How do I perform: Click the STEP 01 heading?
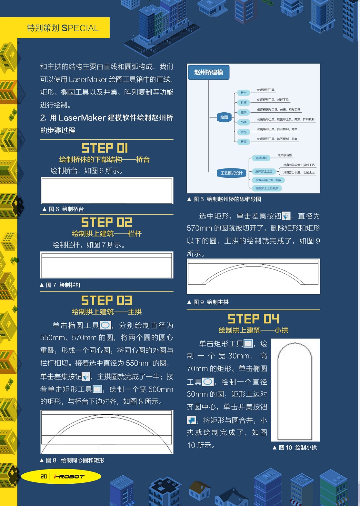pyautogui.click(x=105, y=148)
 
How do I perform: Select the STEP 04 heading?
pyautogui.click(x=253, y=319)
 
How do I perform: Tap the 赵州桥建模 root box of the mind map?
pyautogui.click(x=208, y=72)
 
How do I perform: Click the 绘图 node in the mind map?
pyautogui.click(x=224, y=117)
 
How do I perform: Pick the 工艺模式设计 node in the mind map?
pyautogui.click(x=231, y=173)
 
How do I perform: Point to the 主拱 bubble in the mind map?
pyautogui.click(x=244, y=112)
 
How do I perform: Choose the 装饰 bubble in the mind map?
pyautogui.click(x=244, y=132)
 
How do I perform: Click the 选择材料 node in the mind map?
pyautogui.click(x=261, y=158)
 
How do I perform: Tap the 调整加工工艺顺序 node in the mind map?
pyautogui.click(x=267, y=188)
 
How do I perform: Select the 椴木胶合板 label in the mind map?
pyautogui.click(x=285, y=155)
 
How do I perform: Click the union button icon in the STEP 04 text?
pyautogui.click(x=191, y=420)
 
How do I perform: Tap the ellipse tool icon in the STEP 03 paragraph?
pyautogui.click(x=105, y=325)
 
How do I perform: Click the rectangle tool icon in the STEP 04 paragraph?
pyautogui.click(x=248, y=344)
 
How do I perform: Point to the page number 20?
pyautogui.click(x=44, y=476)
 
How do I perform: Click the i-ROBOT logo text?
pyautogui.click(x=69, y=476)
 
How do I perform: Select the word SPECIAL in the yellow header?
pyautogui.click(x=80, y=28)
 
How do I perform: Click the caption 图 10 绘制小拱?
pyautogui.click(x=295, y=448)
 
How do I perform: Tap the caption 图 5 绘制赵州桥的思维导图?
pyautogui.click(x=224, y=199)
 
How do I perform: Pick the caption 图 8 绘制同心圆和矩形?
pyautogui.click(x=72, y=460)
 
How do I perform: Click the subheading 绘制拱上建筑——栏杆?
pyautogui.click(x=106, y=234)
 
